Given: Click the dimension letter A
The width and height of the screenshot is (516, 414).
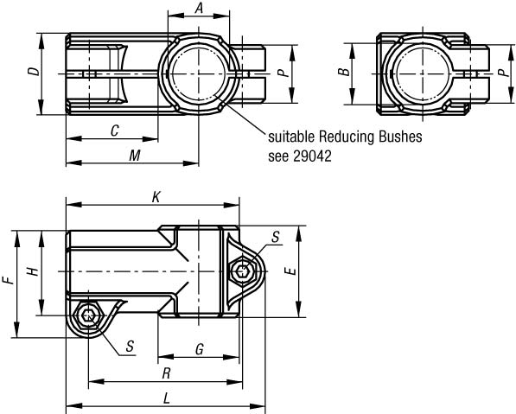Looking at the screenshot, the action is [199, 8].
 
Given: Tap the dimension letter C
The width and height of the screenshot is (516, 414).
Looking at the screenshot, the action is [114, 131].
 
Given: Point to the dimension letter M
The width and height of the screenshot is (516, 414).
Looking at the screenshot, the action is [135, 156].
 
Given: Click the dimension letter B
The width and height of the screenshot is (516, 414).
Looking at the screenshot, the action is [345, 72].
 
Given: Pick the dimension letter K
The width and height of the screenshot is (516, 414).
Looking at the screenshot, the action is [156, 197].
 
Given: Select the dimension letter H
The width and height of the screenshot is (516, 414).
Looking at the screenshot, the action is [33, 271].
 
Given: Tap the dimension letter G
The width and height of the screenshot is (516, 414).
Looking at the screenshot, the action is [200, 349].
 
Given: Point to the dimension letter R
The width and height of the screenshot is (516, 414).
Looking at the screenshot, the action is [167, 374].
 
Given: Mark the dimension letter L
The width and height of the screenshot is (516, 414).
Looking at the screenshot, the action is [167, 398].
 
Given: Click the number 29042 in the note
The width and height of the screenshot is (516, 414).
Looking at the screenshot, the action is [312, 156].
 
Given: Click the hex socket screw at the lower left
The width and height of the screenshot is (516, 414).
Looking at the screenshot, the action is [88, 315].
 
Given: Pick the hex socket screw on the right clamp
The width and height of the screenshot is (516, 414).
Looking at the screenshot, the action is [243, 271].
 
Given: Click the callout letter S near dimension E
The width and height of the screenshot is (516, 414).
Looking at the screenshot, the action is [275, 237].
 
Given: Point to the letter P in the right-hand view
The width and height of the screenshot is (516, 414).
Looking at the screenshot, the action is [502, 72].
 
